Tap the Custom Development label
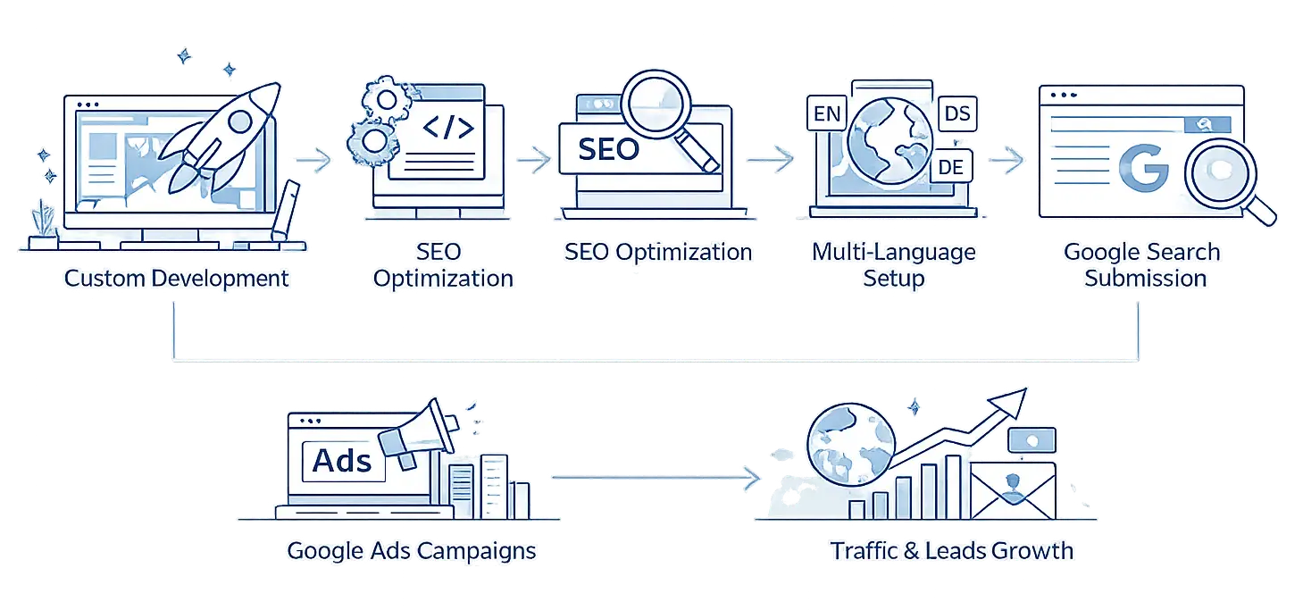[x=177, y=278]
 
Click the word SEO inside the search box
[x=608, y=148]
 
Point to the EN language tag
[x=824, y=115]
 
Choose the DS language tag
[x=956, y=114]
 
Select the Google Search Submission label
[x=1143, y=264]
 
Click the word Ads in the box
[x=342, y=461]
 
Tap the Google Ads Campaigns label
[x=411, y=550]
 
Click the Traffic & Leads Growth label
[x=952, y=550]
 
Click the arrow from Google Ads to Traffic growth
[x=652, y=478]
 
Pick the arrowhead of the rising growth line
[x=1015, y=401]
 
